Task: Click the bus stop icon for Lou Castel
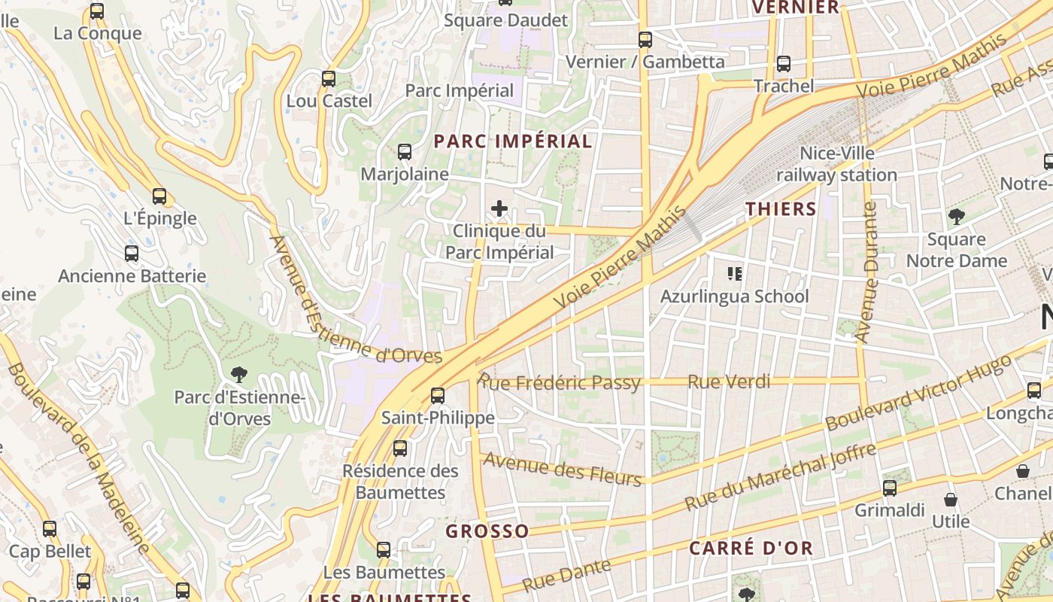tap(328, 79)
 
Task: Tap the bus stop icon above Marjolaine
tap(404, 152)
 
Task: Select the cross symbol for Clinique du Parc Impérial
tap(499, 208)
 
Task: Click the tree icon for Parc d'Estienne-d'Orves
tap(239, 374)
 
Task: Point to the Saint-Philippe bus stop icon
tap(437, 395)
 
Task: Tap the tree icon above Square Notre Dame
tap(956, 217)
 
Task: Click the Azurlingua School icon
tap(734, 273)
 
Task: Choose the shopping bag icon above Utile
tap(951, 500)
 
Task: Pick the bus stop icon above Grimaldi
tap(890, 488)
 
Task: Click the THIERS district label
tap(781, 209)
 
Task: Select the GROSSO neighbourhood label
tap(487, 531)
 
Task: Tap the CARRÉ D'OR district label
tap(751, 548)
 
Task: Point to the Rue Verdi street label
tap(729, 382)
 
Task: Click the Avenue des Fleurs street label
tap(563, 470)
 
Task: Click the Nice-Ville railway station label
tap(836, 164)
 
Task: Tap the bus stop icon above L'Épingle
tap(159, 196)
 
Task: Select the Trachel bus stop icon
tap(784, 64)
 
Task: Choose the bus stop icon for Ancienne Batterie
tap(132, 254)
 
